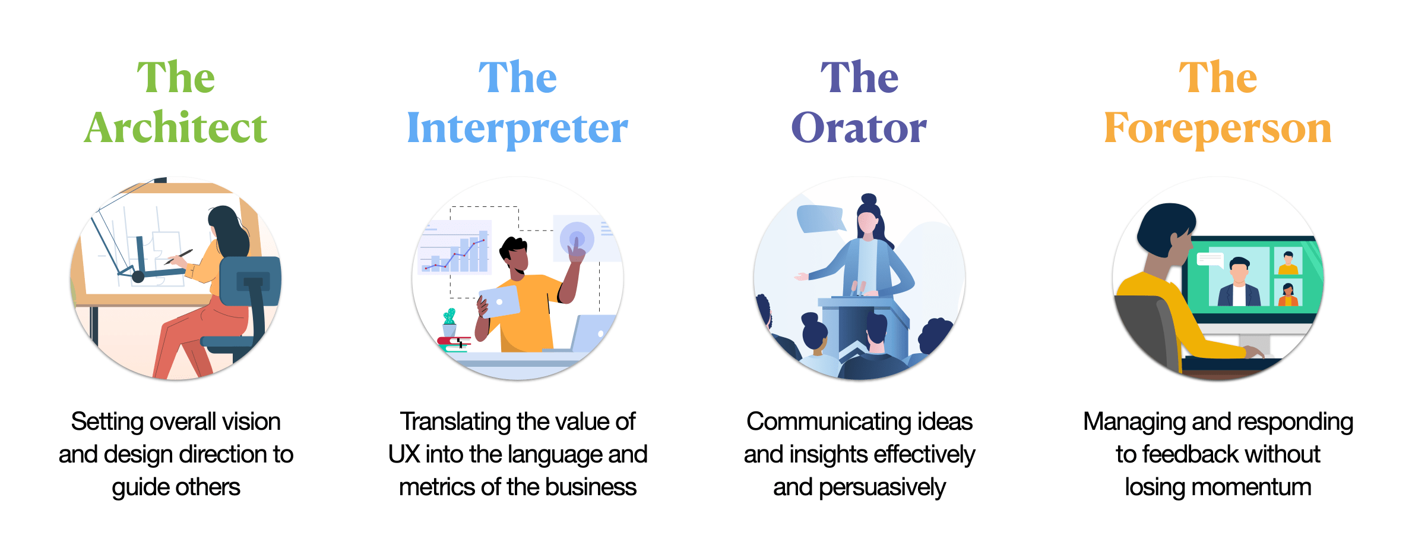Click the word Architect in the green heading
[x=176, y=127]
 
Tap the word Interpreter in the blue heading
[x=517, y=128]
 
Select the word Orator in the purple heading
[x=859, y=127]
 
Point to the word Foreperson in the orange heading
[x=1217, y=128]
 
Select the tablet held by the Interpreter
[x=499, y=301]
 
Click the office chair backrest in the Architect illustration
[x=250, y=281]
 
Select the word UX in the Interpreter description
[x=404, y=454]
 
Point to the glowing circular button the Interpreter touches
[x=577, y=239]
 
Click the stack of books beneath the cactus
[x=454, y=344]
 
